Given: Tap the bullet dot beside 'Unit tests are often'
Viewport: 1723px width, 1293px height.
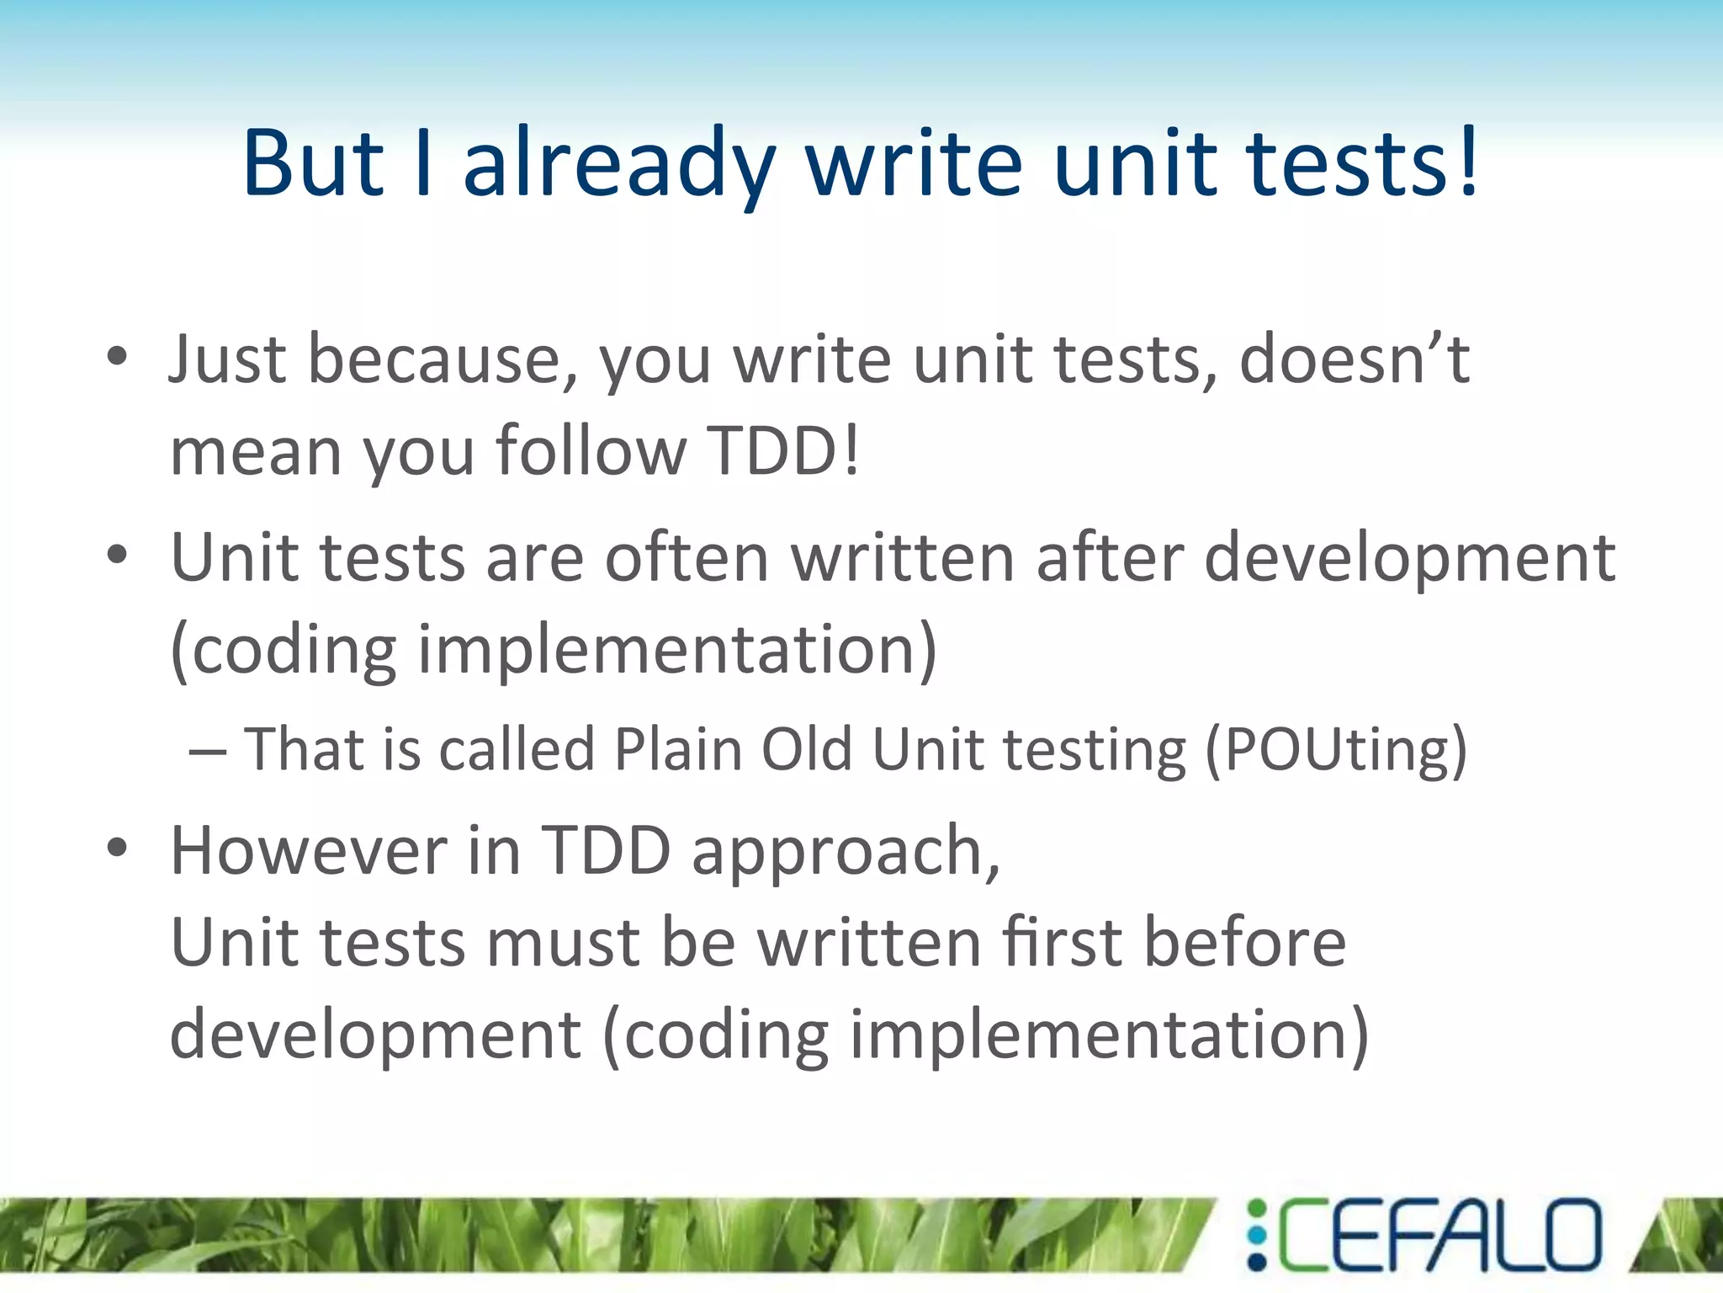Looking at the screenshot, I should (x=117, y=556).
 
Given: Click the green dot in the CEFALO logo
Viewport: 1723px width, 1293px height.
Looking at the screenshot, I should (x=1257, y=1208).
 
